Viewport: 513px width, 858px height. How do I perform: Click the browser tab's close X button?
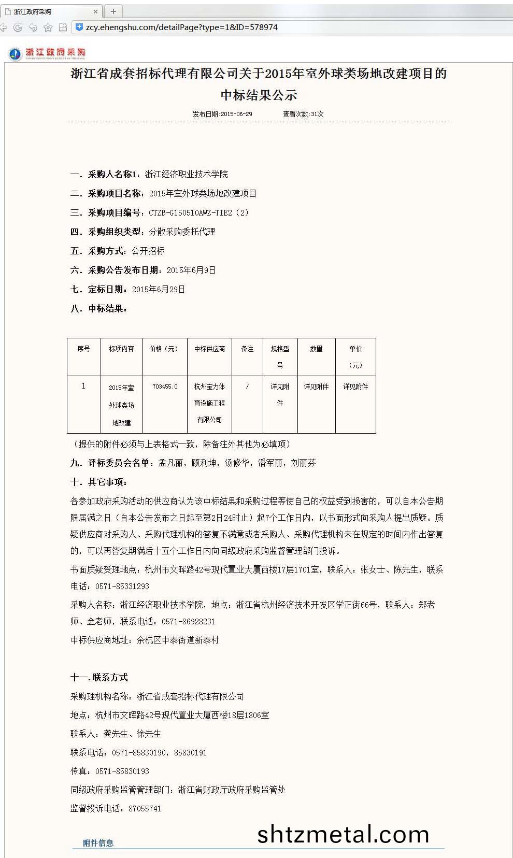point(95,11)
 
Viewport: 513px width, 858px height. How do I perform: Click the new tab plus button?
point(113,11)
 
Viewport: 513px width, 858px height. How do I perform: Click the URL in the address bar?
point(181,27)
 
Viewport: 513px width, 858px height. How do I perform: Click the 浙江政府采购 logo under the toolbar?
point(47,53)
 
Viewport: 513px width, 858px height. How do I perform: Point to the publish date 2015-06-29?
point(236,114)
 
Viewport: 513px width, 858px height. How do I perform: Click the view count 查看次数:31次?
point(303,114)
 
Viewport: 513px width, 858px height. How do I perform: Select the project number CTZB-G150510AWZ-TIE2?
point(190,212)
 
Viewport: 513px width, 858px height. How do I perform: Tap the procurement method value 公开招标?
point(148,251)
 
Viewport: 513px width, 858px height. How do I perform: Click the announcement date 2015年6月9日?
point(191,270)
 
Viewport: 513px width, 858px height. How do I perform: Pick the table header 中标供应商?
point(209,349)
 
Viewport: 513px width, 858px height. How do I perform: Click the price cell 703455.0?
point(165,387)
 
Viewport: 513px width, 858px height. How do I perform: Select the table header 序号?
point(83,349)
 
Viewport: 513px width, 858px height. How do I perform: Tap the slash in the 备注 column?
point(247,387)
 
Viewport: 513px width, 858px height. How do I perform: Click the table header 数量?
point(316,349)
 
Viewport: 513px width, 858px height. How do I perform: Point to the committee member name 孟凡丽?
point(170,463)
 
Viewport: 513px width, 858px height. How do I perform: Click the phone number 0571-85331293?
point(122,586)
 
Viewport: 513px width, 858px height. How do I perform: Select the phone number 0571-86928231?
point(188,621)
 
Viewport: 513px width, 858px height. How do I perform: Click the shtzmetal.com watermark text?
point(343,834)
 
